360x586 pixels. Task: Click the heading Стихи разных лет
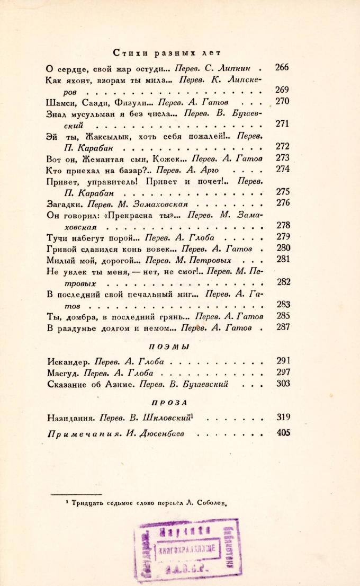(167, 53)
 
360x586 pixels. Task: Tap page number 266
(282, 68)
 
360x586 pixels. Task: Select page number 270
(283, 102)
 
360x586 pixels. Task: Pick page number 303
(283, 384)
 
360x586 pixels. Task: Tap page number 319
(283, 418)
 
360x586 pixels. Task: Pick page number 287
(283, 327)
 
